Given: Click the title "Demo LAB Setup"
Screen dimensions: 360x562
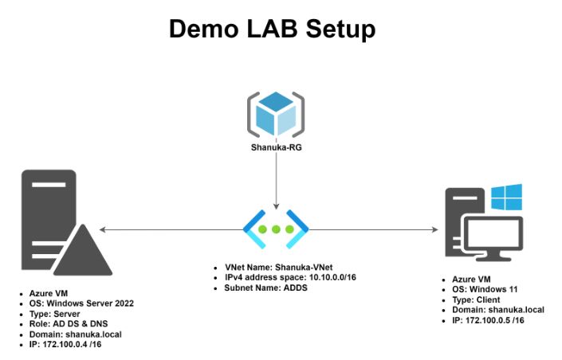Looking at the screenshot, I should click(x=272, y=30).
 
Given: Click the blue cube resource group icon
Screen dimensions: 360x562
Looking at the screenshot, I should click(x=276, y=114).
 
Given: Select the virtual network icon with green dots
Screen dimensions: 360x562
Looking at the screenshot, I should click(x=276, y=229).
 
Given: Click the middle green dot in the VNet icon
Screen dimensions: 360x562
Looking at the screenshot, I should click(x=276, y=229).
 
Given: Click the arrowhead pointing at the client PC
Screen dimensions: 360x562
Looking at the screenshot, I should click(x=434, y=229).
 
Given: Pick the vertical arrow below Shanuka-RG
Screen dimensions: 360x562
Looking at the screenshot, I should click(x=276, y=179).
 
